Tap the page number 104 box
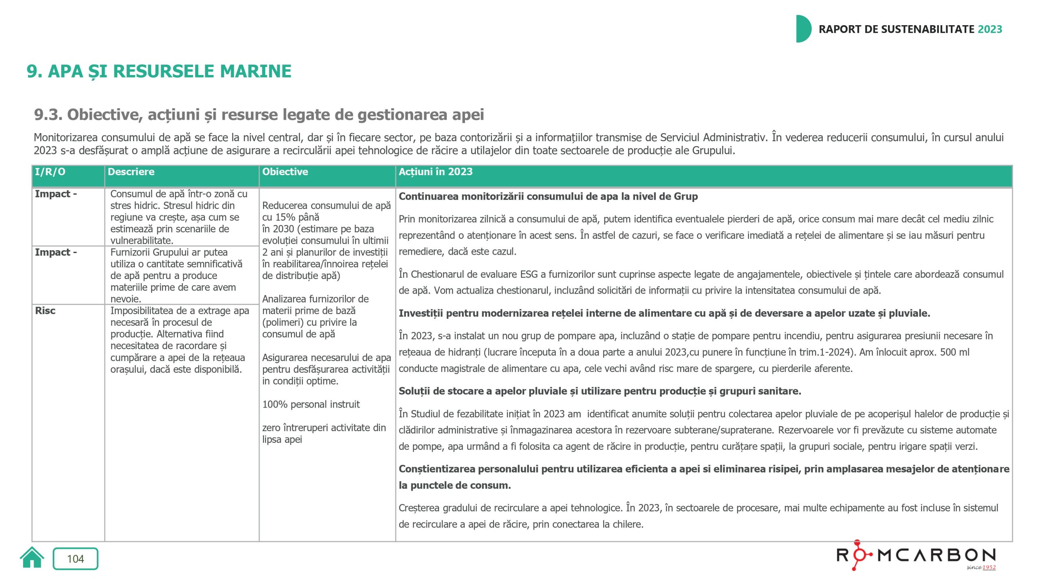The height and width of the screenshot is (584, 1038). coord(75,559)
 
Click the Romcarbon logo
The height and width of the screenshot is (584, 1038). coord(916,555)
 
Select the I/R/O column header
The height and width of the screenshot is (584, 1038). coord(50,172)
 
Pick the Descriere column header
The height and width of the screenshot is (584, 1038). coord(131,172)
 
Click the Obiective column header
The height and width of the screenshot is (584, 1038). coord(285,172)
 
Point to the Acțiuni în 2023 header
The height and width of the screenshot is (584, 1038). coord(435,172)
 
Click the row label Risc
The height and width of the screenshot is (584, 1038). coord(45,311)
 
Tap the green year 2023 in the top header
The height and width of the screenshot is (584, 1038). coord(990,29)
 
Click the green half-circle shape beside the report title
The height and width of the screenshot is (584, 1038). coord(803,29)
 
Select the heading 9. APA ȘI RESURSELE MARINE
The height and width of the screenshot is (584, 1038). coord(159,71)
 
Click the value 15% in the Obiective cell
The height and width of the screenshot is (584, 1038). coord(285,217)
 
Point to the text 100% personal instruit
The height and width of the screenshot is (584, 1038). coord(311,404)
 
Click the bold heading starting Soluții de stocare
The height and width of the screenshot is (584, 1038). coord(600,391)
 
